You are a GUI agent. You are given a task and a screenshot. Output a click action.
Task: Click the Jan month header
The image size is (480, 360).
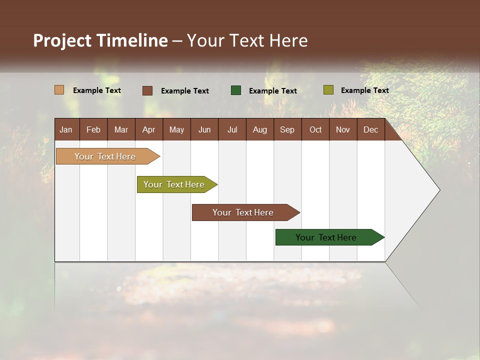[66, 129]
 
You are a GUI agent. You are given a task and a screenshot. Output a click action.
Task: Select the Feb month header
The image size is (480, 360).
[93, 129]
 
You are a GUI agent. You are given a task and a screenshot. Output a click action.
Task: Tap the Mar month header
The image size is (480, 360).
[121, 129]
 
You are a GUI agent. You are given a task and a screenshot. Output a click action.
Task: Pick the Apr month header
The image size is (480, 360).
[148, 129]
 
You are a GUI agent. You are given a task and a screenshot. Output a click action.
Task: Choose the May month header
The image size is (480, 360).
[176, 129]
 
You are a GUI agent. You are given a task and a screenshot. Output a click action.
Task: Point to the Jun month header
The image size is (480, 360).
[204, 129]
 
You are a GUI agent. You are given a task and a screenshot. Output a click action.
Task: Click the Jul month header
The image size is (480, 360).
[232, 129]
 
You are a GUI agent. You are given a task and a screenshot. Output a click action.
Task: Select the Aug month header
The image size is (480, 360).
[259, 129]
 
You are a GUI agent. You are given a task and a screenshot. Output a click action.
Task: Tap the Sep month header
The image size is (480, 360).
[287, 129]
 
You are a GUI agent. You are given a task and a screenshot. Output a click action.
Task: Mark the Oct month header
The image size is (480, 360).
[315, 129]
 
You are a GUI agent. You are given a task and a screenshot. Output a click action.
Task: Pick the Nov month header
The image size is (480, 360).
[343, 129]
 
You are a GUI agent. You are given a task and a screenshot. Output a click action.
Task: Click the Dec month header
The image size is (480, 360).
[370, 129]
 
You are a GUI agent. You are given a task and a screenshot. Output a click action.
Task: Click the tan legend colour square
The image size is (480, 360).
[59, 90]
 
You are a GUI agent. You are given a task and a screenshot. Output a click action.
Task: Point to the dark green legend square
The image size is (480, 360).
[236, 90]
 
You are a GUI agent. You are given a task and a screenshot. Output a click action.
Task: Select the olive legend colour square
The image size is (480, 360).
[328, 90]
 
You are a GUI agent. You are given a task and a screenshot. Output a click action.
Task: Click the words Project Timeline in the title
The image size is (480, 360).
[100, 40]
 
